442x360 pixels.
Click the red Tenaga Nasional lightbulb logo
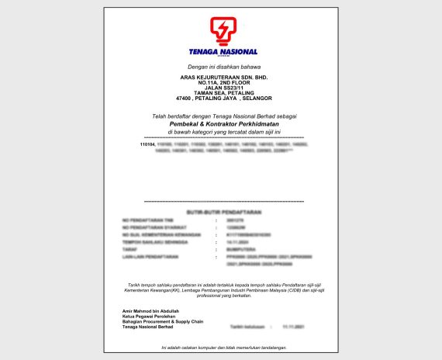[222, 32]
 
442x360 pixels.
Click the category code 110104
[147, 144]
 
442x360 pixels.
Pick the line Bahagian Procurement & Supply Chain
[161, 322]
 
